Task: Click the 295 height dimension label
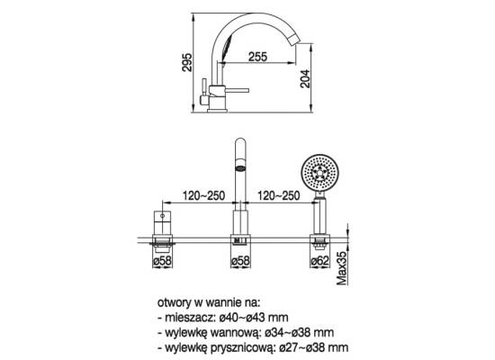(x=187, y=62)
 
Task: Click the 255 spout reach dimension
(x=257, y=57)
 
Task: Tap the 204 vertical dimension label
(x=305, y=78)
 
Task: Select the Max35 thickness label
(x=342, y=268)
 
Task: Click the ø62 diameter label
(x=319, y=261)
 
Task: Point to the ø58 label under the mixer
(x=162, y=261)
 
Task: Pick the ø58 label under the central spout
(x=240, y=261)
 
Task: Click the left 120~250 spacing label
(x=203, y=195)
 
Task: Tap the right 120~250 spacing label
(x=278, y=195)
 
